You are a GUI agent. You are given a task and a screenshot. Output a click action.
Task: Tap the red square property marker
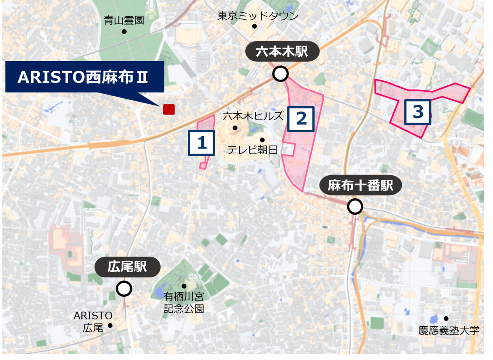[x=169, y=109]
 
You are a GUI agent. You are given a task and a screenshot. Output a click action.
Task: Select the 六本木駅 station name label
[x=282, y=52]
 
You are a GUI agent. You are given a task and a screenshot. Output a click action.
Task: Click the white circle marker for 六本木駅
[x=281, y=74]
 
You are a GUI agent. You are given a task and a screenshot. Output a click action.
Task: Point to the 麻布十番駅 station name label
[x=360, y=186]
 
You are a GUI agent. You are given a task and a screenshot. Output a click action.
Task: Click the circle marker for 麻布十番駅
[x=355, y=206]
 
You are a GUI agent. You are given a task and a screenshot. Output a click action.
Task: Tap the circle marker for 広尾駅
[x=124, y=289]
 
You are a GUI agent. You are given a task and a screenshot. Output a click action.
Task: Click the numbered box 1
[x=201, y=143]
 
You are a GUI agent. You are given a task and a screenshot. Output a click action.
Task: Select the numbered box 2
[x=301, y=119]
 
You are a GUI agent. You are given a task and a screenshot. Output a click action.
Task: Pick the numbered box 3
[x=418, y=112]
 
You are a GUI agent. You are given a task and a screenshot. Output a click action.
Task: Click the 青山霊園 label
[x=124, y=20]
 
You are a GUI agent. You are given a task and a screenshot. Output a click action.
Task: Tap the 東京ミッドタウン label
[x=258, y=16]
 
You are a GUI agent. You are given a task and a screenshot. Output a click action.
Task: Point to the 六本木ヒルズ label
[x=253, y=116]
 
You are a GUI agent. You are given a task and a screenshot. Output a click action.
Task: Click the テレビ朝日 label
[x=252, y=150]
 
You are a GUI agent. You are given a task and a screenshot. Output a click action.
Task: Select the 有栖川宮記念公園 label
[x=184, y=303]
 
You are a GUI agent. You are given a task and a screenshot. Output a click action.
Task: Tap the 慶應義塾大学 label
[x=449, y=330]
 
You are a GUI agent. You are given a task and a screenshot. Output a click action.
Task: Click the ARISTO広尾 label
[x=93, y=322]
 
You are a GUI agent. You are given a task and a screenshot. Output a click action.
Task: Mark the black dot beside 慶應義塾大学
[x=446, y=318]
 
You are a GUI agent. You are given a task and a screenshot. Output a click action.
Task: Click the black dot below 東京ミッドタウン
[x=254, y=26]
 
